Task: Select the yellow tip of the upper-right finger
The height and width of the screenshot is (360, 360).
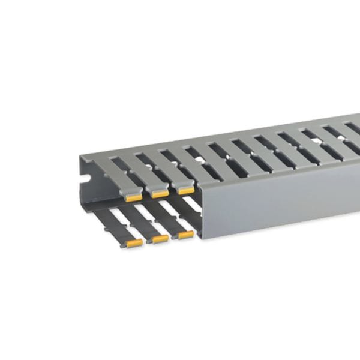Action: (x=186, y=190)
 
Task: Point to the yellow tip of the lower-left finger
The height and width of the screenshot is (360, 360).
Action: (x=134, y=243)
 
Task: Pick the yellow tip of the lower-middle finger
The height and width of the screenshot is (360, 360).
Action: (x=160, y=239)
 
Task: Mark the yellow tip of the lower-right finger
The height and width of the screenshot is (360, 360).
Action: (x=186, y=235)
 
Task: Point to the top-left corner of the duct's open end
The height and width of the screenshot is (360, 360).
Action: (x=80, y=155)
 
